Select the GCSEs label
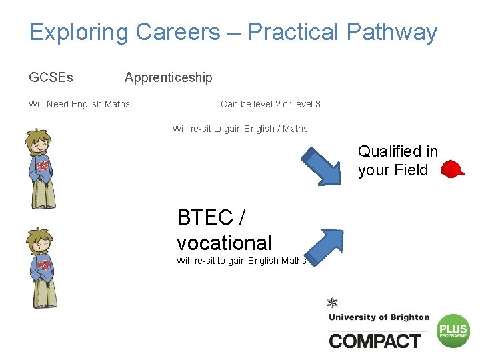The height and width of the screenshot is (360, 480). pyautogui.click(x=51, y=77)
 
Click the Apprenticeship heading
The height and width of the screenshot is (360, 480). pyautogui.click(x=168, y=77)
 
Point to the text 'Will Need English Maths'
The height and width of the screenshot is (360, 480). pyautogui.click(x=79, y=104)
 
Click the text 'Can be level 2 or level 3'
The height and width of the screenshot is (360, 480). pyautogui.click(x=270, y=104)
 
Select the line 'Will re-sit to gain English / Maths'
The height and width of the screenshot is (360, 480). pyautogui.click(x=240, y=129)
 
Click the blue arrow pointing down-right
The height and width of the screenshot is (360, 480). pyautogui.click(x=322, y=165)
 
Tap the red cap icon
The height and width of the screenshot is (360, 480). pyautogui.click(x=454, y=169)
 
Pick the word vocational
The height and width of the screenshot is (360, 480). pyautogui.click(x=225, y=243)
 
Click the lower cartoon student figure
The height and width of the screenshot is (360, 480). pyautogui.click(x=42, y=267)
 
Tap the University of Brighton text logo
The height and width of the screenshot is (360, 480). pyautogui.click(x=379, y=317)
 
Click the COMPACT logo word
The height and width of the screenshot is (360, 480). pyautogui.click(x=375, y=341)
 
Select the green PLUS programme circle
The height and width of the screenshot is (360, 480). pyautogui.click(x=453, y=331)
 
